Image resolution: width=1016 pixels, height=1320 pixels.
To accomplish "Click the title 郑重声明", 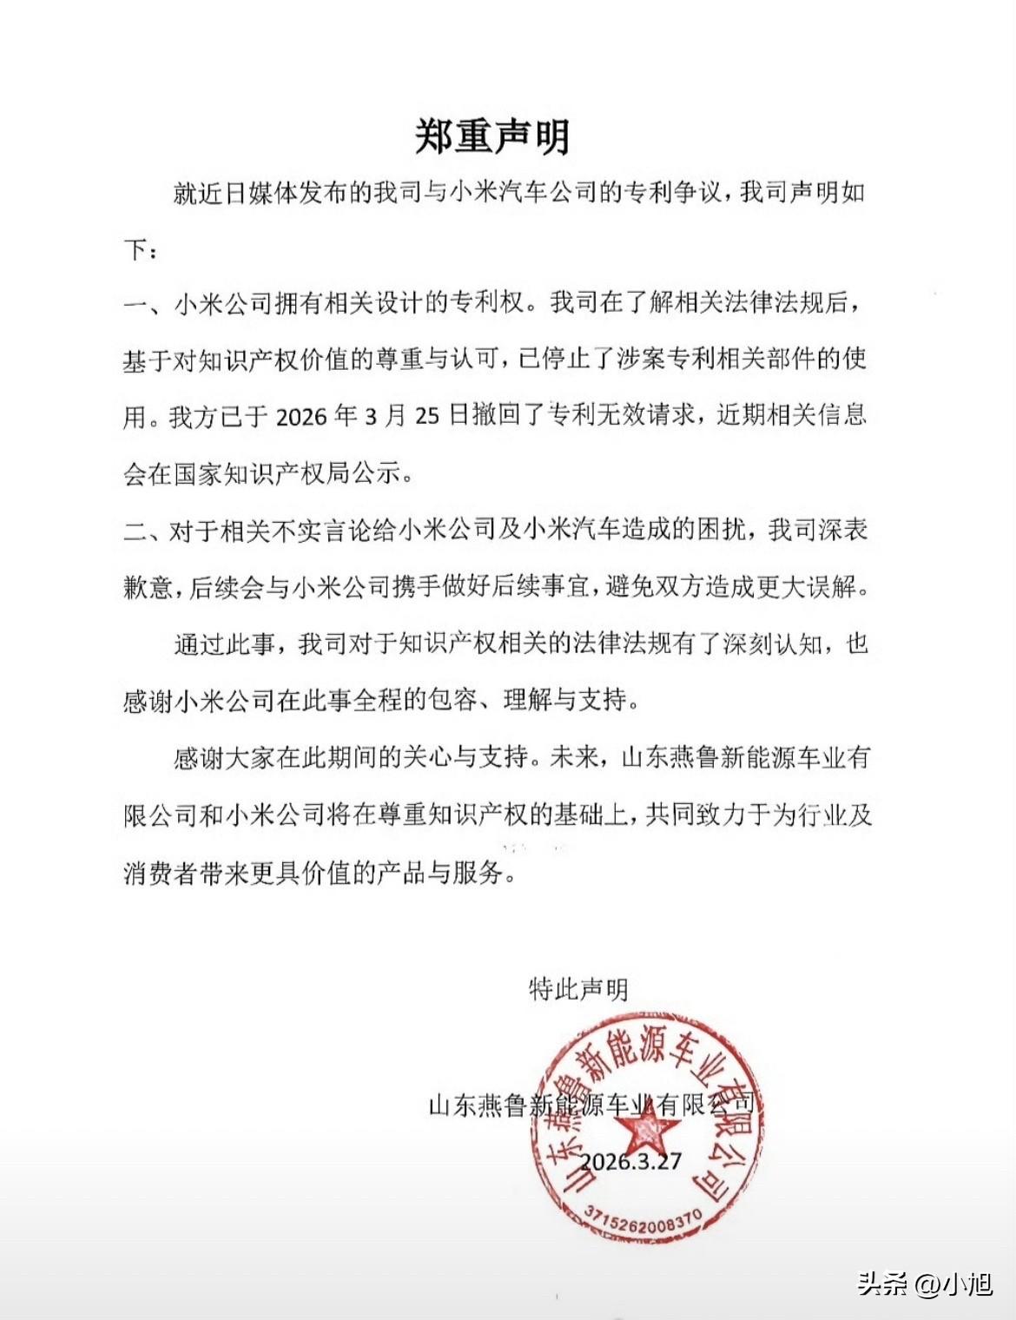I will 492,137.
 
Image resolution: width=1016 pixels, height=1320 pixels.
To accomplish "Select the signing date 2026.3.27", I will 630,1162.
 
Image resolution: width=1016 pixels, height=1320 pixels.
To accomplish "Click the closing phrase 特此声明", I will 578,989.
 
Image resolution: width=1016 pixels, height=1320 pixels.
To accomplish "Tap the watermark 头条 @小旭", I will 925,1283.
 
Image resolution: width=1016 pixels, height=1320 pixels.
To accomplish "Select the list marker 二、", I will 142,531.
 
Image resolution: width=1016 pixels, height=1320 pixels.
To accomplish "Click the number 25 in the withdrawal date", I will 427,417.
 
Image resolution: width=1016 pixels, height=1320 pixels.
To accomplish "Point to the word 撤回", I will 497,417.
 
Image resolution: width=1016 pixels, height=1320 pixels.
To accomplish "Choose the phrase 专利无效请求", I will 620,417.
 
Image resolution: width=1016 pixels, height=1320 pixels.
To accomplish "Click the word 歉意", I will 148,588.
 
